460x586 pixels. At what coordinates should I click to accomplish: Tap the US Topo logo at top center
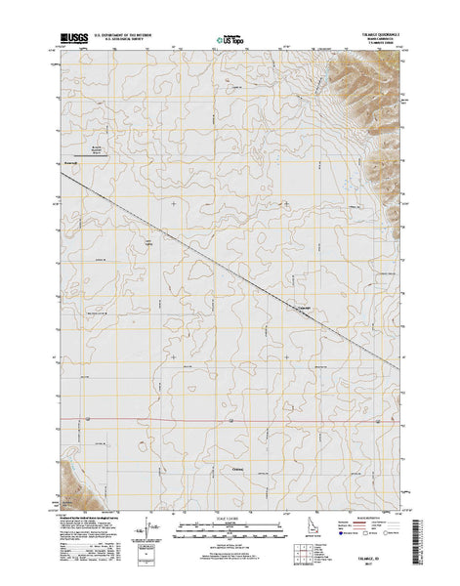pos(230,41)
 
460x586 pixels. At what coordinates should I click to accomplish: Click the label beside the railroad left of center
pos(149,241)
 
